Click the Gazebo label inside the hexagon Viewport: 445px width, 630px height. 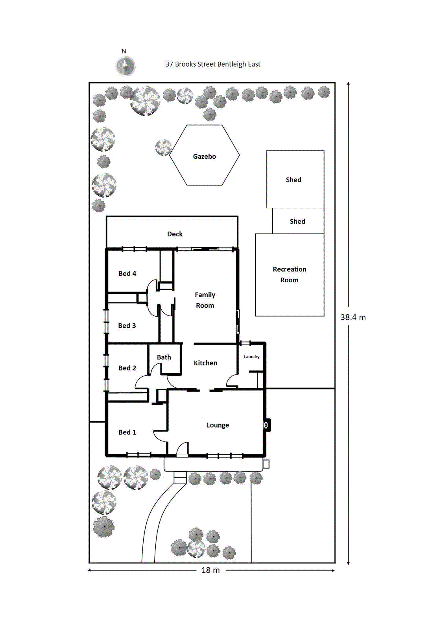click(x=204, y=156)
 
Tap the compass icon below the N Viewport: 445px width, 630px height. click(x=125, y=66)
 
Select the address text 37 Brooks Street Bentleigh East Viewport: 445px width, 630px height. click(x=212, y=64)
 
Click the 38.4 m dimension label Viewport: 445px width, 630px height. click(x=353, y=317)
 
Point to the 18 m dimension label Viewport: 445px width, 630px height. click(x=210, y=570)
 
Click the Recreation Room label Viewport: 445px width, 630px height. click(x=289, y=274)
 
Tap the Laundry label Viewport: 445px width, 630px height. click(x=251, y=357)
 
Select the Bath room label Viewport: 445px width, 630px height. click(x=164, y=357)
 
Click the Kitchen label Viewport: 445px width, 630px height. click(x=205, y=363)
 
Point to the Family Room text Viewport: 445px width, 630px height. click(x=205, y=300)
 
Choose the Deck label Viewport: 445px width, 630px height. click(x=175, y=234)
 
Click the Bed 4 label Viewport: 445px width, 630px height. click(x=127, y=274)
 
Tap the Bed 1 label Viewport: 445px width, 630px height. click(x=127, y=432)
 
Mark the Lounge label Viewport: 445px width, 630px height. click(x=218, y=425)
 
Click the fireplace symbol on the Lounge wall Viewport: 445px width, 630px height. click(x=266, y=425)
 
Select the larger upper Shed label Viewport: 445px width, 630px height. click(x=294, y=180)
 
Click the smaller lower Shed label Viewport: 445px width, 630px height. click(x=297, y=221)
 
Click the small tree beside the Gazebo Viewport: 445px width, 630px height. click(x=163, y=147)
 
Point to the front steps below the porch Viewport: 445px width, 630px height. click(x=180, y=477)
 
